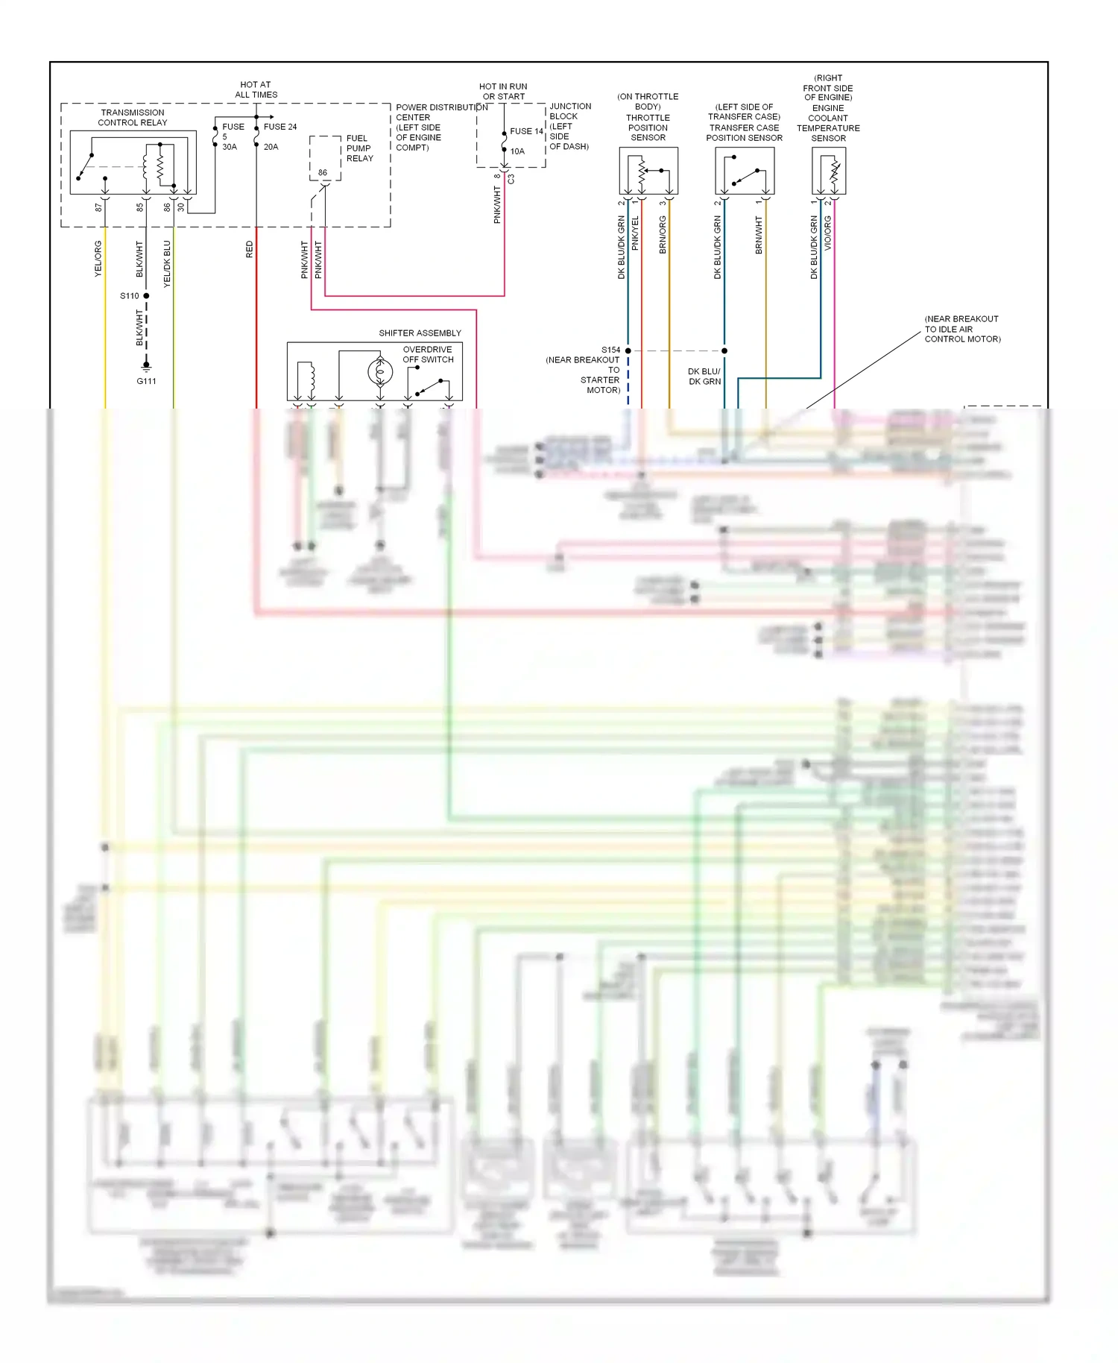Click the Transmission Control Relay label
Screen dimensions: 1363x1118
coord(133,118)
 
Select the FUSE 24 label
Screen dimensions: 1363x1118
coord(279,127)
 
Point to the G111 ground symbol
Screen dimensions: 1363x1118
coord(146,367)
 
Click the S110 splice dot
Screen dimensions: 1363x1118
coord(146,296)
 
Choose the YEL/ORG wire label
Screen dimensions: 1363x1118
coord(98,259)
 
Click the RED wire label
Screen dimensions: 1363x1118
coord(249,250)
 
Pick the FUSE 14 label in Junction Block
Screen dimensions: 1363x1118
coord(526,131)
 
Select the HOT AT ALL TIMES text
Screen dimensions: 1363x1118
coord(256,89)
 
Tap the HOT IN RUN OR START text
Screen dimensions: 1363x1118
coord(503,92)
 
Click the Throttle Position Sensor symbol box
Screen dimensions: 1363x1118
coord(648,171)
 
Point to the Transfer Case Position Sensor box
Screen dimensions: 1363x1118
coord(744,171)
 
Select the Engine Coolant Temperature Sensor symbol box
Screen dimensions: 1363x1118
coord(828,171)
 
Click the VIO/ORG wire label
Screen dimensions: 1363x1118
coord(828,233)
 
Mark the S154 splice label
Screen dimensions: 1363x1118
coord(610,350)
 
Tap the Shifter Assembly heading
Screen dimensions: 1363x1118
coord(420,333)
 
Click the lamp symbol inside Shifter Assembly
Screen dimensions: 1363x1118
coord(380,371)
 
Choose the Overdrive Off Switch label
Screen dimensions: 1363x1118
coord(428,354)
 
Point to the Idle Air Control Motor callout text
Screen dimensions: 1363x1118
coord(962,329)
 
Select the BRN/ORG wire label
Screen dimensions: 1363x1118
coord(663,235)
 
